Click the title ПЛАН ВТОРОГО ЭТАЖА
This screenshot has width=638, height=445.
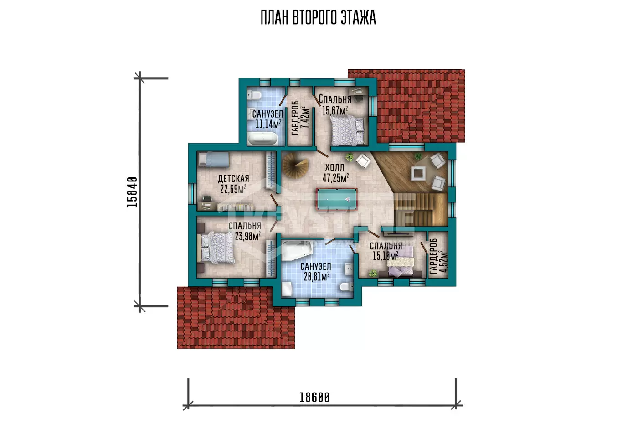(x=318, y=18)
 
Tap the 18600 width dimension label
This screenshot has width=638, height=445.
(x=314, y=397)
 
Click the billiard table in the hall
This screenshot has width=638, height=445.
(x=336, y=199)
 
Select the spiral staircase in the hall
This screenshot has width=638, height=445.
(x=296, y=165)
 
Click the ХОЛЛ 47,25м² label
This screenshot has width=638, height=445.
(x=335, y=173)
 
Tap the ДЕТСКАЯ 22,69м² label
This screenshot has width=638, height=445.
(x=233, y=184)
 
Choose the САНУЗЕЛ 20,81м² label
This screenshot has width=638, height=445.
(x=316, y=271)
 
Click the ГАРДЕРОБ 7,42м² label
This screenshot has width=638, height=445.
(x=300, y=118)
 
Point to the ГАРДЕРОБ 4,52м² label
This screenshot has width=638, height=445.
(x=438, y=255)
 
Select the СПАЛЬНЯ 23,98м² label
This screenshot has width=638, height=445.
(x=245, y=231)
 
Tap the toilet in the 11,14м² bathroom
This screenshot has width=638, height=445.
(x=254, y=95)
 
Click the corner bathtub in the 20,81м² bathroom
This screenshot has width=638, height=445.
(x=297, y=250)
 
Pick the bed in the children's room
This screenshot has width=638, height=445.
(x=214, y=159)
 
